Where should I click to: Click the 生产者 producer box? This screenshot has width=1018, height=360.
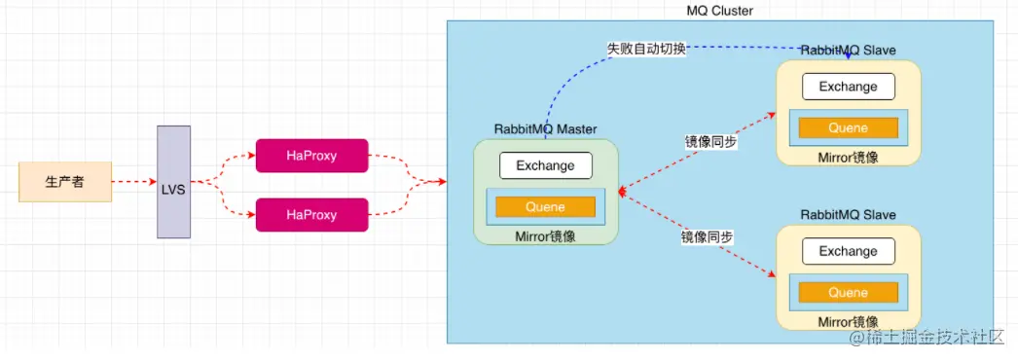(x=64, y=182)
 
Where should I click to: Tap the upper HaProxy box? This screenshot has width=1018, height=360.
(x=311, y=156)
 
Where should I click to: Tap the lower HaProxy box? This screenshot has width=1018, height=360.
(x=311, y=215)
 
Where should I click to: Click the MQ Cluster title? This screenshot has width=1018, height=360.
(x=720, y=11)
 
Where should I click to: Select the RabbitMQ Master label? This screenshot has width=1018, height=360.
(x=545, y=129)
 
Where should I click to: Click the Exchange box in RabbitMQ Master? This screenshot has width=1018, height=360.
(x=545, y=165)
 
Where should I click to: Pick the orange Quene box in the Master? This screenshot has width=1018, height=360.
(x=545, y=206)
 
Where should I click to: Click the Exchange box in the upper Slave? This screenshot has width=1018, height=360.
(x=848, y=87)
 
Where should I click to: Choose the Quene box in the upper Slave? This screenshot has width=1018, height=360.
(x=848, y=127)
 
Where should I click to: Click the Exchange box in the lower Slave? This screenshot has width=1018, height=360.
(x=848, y=251)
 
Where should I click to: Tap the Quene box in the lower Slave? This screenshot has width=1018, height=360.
(x=848, y=292)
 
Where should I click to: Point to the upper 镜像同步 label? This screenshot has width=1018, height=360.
(x=710, y=141)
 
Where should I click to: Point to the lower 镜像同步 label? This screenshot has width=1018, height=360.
(x=707, y=237)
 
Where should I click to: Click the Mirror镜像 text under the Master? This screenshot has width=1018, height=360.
(x=545, y=235)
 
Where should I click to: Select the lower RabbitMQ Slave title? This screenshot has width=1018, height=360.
(x=848, y=214)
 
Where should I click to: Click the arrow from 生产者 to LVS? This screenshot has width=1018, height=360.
(x=132, y=182)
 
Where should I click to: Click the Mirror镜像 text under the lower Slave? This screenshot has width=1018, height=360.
(x=848, y=321)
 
